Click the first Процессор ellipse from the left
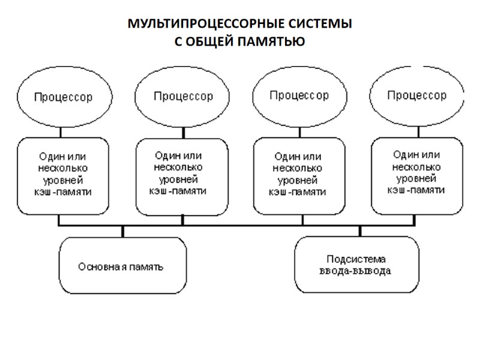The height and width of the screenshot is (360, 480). (63, 97)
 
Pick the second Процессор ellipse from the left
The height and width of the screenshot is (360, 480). (182, 97)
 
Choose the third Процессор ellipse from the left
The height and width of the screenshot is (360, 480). (299, 95)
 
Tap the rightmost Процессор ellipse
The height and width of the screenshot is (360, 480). (417, 95)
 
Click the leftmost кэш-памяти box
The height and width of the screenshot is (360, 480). (63, 176)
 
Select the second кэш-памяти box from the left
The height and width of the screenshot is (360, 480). (182, 176)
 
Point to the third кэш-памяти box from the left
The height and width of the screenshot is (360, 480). (299, 176)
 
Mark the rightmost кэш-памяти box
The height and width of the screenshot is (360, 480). (417, 176)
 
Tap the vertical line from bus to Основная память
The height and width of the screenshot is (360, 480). (123, 232)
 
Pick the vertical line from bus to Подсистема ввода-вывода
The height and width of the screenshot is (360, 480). (360, 232)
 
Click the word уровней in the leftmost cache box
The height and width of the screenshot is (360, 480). (63, 180)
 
